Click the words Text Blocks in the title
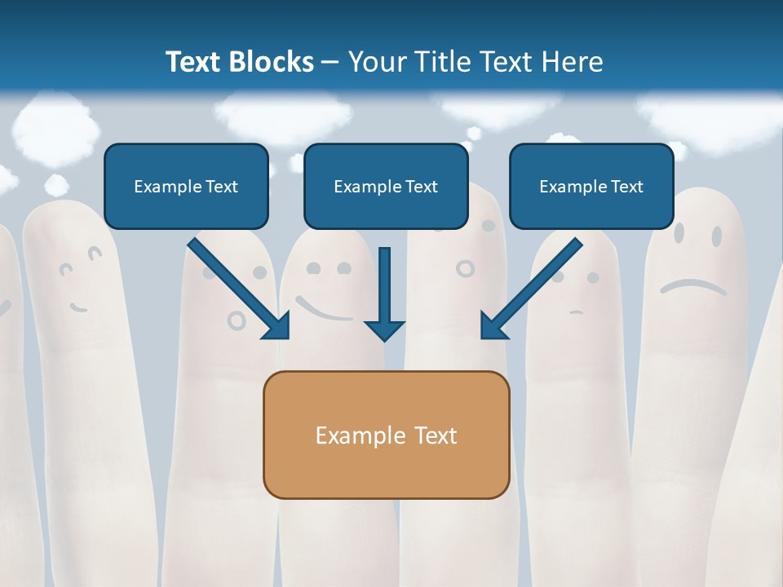coord(239,62)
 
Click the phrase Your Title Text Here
coord(476,62)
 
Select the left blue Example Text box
coord(186,186)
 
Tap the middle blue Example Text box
coord(386,186)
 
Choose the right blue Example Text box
coord(591,186)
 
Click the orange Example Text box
coord(386,435)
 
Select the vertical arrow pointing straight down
coord(384,293)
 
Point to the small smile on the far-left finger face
coord(78,307)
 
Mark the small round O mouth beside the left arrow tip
coord(237,320)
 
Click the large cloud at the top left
coord(55,126)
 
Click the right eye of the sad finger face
coord(716,236)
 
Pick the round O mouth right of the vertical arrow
coord(464,268)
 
